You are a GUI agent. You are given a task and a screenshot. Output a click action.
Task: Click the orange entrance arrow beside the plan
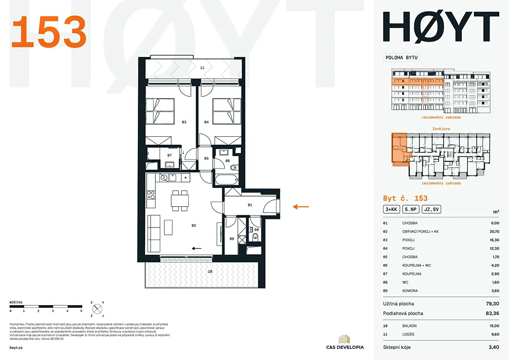(x=301, y=207)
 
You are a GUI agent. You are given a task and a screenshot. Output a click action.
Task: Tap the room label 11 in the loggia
(x=202, y=68)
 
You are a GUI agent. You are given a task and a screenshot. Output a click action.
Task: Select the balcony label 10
(x=210, y=271)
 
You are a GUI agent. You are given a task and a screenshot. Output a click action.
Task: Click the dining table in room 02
(x=180, y=201)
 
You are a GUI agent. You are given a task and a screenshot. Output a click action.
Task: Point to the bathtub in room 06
(x=227, y=180)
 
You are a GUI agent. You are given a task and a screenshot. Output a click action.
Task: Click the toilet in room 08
(x=256, y=236)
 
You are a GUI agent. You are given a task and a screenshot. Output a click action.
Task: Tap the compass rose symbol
(x=97, y=309)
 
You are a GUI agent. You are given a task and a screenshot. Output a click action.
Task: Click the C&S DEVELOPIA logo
(x=345, y=342)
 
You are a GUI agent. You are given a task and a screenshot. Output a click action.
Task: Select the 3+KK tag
(x=391, y=209)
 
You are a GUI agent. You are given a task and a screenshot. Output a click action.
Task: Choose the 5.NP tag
(x=411, y=209)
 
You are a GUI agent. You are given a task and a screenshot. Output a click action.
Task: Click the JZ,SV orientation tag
(x=431, y=209)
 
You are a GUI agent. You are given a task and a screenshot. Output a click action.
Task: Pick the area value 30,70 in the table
(x=494, y=231)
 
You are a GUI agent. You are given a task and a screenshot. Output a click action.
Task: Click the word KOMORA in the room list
(x=410, y=291)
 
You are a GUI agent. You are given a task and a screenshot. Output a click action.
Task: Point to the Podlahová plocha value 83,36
(x=492, y=313)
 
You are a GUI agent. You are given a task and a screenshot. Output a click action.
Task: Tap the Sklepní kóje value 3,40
(x=494, y=347)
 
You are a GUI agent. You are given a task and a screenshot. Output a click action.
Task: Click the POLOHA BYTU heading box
(x=402, y=58)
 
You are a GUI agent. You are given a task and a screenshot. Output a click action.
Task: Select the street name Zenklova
(x=441, y=129)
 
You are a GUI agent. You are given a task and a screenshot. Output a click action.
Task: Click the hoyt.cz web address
(x=16, y=348)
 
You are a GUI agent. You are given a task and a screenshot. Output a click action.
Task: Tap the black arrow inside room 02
(x=196, y=249)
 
